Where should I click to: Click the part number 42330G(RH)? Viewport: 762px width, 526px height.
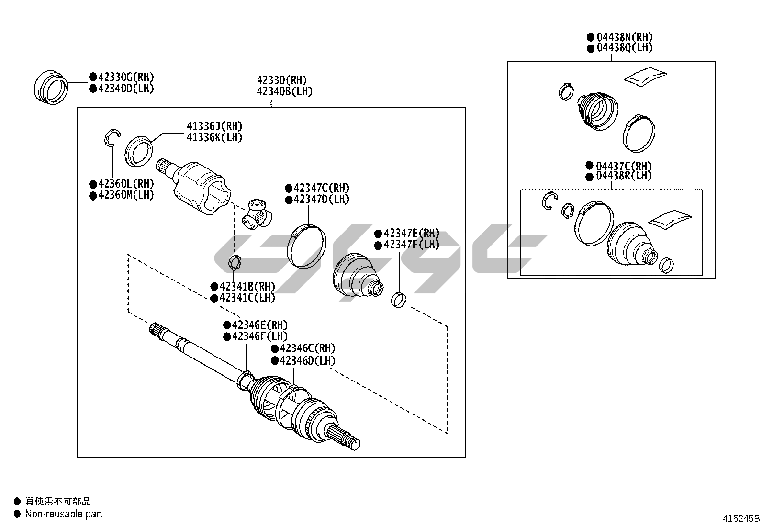(x=126, y=77)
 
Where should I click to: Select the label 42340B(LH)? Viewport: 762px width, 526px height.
(x=284, y=91)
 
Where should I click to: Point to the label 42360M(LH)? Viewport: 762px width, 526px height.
(x=126, y=195)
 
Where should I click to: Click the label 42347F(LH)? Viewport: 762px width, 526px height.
(x=412, y=245)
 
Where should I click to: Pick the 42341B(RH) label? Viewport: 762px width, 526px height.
(x=247, y=287)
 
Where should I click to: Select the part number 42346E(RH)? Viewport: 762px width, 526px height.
(x=260, y=325)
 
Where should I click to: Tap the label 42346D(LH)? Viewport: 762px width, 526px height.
(x=308, y=360)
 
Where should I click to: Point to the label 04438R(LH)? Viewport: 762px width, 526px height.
(x=624, y=176)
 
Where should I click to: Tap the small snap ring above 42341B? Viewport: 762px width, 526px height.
(x=235, y=262)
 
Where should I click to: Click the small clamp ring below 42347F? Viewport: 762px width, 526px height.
(x=399, y=300)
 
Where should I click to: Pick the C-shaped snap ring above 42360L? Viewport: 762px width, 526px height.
(x=112, y=137)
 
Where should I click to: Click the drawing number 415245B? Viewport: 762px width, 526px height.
(x=741, y=518)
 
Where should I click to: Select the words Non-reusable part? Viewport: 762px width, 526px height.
(x=64, y=514)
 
